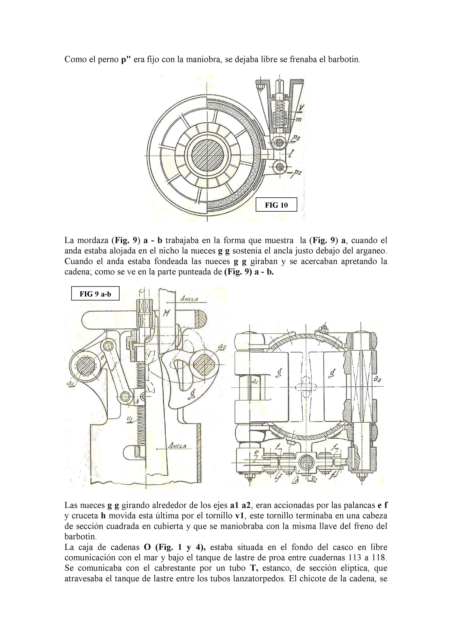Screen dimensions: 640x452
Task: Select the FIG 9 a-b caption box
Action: pos(95,294)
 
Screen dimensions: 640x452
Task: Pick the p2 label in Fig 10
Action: pos(296,138)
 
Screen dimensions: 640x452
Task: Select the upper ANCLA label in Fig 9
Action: pos(189,299)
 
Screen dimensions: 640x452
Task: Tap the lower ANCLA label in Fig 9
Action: pos(177,446)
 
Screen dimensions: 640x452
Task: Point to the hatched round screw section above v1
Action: pos(306,463)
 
